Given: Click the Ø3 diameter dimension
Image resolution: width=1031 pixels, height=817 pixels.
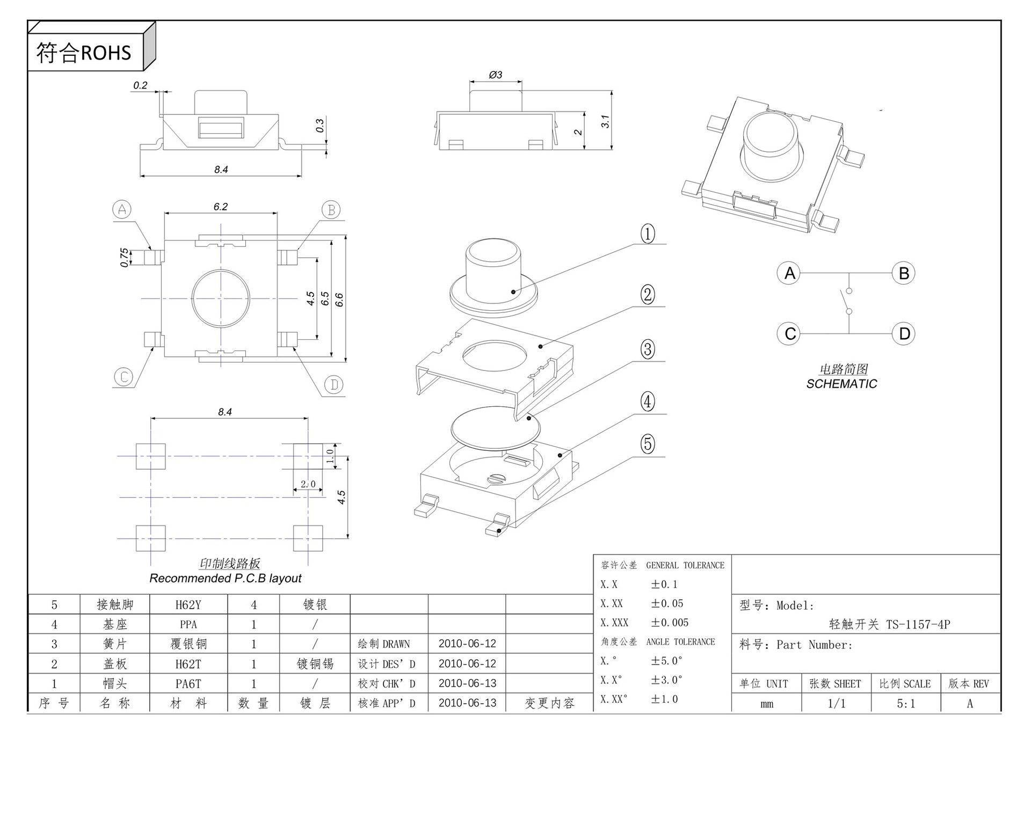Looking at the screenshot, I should click(x=495, y=75).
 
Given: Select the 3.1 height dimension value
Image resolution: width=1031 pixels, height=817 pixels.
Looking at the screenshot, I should click(x=605, y=121).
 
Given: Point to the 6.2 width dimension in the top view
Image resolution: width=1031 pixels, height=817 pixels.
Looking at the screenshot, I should click(x=220, y=207).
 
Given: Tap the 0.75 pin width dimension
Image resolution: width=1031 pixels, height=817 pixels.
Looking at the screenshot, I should click(x=124, y=257).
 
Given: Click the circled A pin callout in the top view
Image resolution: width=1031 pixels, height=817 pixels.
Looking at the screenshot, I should click(x=122, y=209).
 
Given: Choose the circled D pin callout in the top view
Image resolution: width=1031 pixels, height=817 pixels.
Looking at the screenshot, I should click(x=334, y=384).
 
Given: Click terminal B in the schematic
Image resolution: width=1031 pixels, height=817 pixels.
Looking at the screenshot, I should click(x=904, y=273).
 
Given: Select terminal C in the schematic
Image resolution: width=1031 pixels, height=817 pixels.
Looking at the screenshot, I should click(x=789, y=333).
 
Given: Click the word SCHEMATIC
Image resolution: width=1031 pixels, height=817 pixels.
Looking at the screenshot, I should click(x=841, y=384).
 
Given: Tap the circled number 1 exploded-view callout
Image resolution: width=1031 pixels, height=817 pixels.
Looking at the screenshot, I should click(x=648, y=234).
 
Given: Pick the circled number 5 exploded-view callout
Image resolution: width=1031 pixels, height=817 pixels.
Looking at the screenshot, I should click(x=648, y=444).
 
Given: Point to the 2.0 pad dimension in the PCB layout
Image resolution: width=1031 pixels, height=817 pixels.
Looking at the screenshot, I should click(x=308, y=484).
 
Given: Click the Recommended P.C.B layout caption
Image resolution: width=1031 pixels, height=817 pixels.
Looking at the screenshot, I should click(x=225, y=578).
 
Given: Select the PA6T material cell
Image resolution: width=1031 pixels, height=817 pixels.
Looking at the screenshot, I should click(x=188, y=684).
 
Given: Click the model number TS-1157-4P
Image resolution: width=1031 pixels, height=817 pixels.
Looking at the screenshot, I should click(x=918, y=624).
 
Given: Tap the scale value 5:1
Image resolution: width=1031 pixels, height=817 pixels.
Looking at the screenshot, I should click(x=905, y=703).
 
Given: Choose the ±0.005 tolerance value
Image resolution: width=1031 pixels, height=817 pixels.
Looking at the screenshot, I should click(x=670, y=623).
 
